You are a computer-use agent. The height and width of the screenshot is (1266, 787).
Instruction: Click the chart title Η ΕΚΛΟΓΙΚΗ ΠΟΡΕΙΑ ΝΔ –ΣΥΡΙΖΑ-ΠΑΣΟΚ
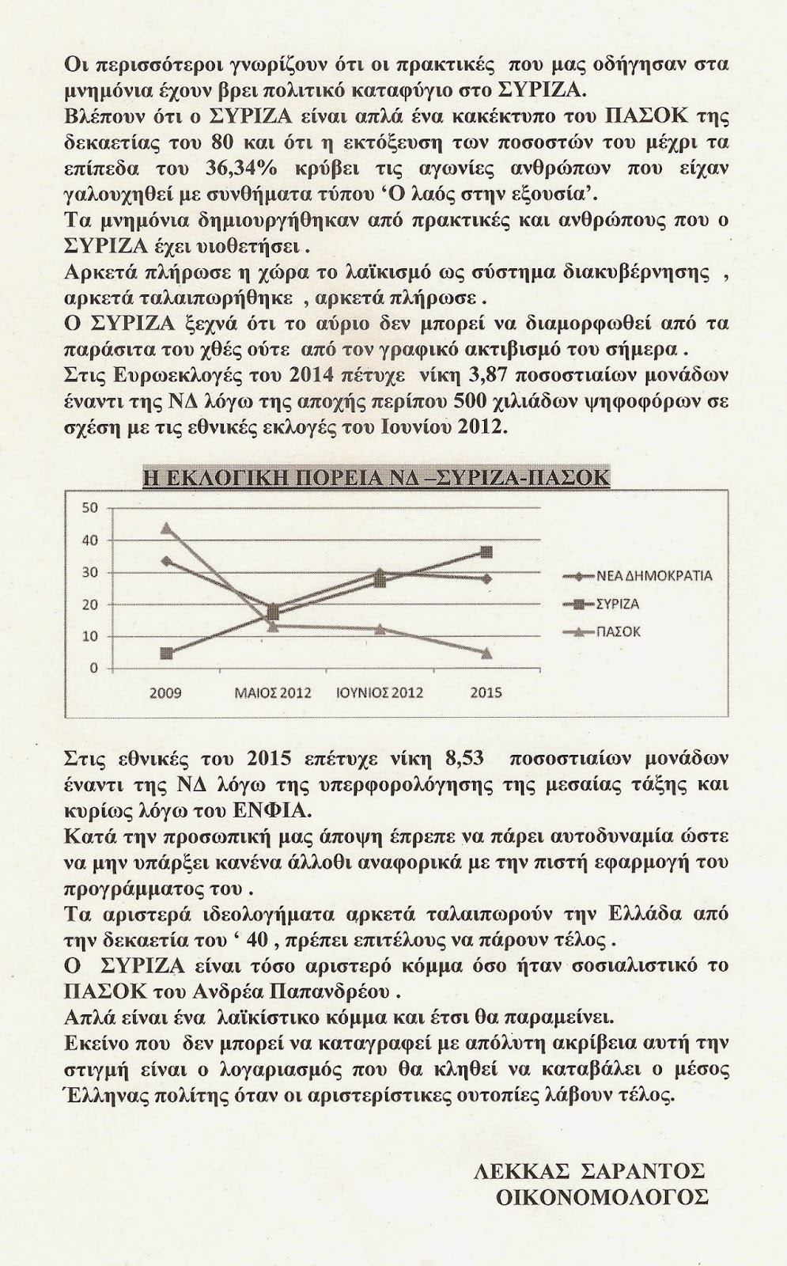pyautogui.click(x=376, y=478)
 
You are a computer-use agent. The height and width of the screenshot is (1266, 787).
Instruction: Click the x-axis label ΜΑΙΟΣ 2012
pyautogui.click(x=272, y=693)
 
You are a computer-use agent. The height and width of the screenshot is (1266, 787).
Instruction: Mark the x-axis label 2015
pyautogui.click(x=486, y=693)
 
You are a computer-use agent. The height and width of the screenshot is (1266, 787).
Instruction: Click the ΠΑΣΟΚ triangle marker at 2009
pyautogui.click(x=165, y=528)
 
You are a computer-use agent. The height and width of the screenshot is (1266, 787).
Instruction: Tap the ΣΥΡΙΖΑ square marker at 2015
pyautogui.click(x=486, y=552)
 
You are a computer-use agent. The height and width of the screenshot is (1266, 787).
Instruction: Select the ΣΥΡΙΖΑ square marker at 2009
pyautogui.click(x=165, y=654)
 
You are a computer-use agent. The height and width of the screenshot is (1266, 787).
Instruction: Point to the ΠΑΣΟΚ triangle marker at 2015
pyautogui.click(x=486, y=654)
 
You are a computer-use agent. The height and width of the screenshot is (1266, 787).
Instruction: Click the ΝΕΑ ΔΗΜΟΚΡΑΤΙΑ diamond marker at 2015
pyautogui.click(x=486, y=578)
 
